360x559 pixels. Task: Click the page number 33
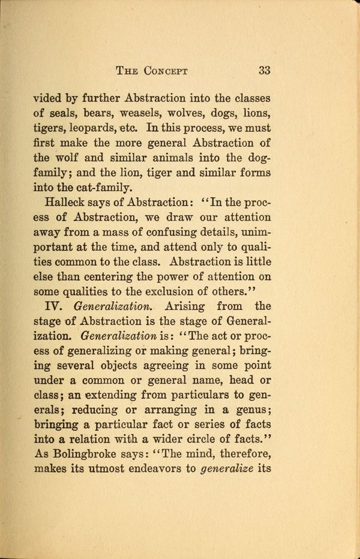(x=264, y=70)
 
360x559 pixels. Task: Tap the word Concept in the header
(x=165, y=71)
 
